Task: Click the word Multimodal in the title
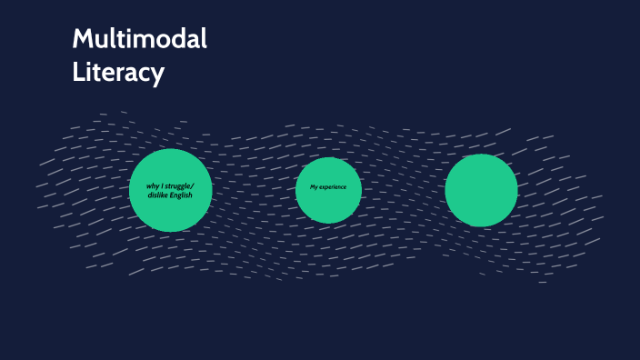[x=140, y=39]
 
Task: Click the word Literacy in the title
[x=118, y=72]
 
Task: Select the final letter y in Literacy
[x=158, y=75]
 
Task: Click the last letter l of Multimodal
[x=204, y=38]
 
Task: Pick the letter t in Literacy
[x=97, y=72]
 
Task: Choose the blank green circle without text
[x=481, y=190]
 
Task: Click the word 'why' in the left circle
[x=154, y=186]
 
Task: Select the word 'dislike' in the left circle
[x=159, y=195]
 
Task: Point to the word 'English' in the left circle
[x=183, y=195]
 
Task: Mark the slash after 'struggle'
[x=194, y=186]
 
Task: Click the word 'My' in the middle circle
[x=314, y=187]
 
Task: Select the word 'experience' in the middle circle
[x=334, y=187]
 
